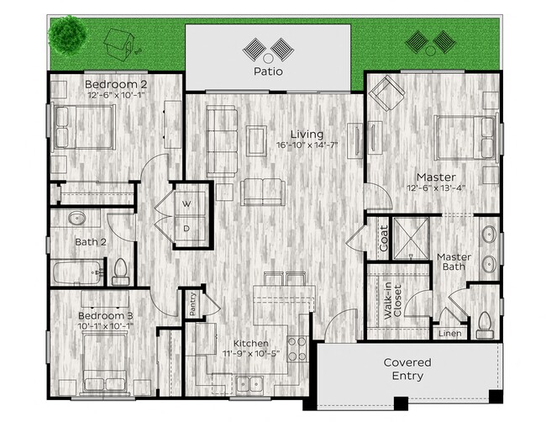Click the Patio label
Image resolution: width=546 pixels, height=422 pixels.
pyautogui.click(x=269, y=71)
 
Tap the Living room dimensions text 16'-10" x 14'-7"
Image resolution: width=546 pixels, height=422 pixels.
pyautogui.click(x=308, y=145)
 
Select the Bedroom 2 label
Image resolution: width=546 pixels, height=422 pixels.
pyautogui.click(x=118, y=84)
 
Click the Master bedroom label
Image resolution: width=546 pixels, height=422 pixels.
pyautogui.click(x=436, y=177)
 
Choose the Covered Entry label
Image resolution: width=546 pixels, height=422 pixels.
pyautogui.click(x=407, y=369)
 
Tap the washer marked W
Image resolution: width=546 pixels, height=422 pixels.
pyautogui.click(x=186, y=203)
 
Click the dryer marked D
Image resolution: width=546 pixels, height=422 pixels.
pyautogui.click(x=186, y=228)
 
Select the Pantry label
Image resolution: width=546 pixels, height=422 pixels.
pyautogui.click(x=193, y=303)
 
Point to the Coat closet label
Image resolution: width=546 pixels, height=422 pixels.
pyautogui.click(x=383, y=238)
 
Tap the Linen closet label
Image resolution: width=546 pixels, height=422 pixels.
pyautogui.click(x=449, y=334)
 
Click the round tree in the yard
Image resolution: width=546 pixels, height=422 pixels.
pyautogui.click(x=66, y=35)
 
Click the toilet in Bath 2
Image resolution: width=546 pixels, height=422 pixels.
pyautogui.click(x=119, y=270)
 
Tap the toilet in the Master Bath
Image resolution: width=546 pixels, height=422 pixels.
pyautogui.click(x=484, y=321)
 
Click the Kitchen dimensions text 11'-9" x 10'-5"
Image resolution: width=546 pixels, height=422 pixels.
pyautogui.click(x=250, y=353)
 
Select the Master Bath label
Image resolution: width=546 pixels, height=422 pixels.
pyautogui.click(x=454, y=261)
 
